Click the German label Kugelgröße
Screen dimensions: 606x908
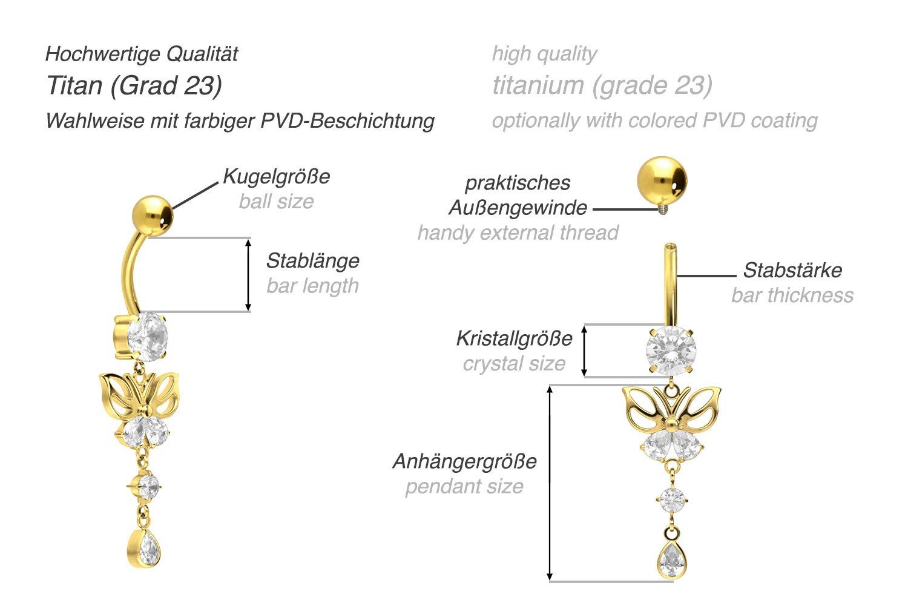tap(277, 177)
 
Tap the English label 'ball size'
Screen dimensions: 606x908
tap(276, 201)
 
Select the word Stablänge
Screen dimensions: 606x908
tap(312, 261)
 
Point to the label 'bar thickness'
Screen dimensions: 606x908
tap(792, 295)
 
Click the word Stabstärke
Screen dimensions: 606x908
tap(792, 270)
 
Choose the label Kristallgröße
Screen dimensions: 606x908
tap(514, 338)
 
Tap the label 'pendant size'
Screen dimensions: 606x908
tap(464, 486)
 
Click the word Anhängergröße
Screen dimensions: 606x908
tap(464, 461)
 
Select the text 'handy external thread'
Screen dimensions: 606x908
tap(518, 232)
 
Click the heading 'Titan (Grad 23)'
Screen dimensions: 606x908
tap(134, 85)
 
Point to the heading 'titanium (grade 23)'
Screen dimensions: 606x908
tap(602, 85)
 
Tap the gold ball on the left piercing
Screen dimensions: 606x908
tap(152, 215)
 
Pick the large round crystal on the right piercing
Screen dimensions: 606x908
tap(671, 350)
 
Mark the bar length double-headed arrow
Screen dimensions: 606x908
tap(248, 275)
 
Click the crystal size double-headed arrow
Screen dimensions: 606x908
tap(584, 351)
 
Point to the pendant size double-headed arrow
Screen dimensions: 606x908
tap(550, 482)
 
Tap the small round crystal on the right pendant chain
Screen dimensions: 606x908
tap(672, 499)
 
